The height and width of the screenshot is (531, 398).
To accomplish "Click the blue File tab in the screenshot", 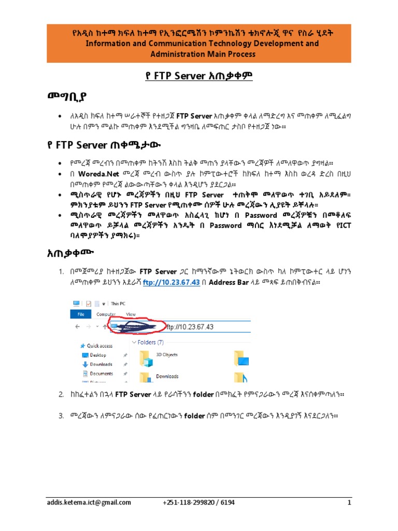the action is [81, 314].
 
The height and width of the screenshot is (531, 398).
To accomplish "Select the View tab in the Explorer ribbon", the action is [131, 314].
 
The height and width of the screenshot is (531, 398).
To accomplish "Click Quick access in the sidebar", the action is [99, 346].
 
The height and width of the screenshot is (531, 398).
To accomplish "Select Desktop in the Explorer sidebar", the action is [98, 355].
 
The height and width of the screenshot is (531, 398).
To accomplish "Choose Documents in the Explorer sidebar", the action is [101, 373].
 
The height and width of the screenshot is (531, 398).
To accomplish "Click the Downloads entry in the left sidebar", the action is [101, 365].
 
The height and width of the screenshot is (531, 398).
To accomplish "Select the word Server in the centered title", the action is [193, 77].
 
